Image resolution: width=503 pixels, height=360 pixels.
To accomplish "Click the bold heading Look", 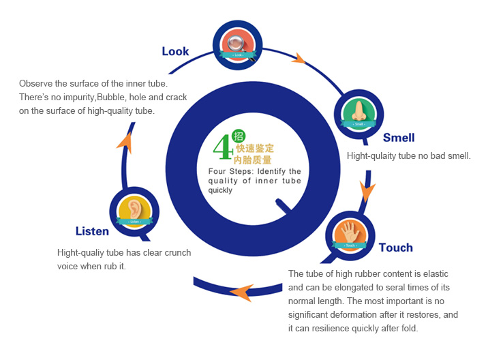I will (x=175, y=51).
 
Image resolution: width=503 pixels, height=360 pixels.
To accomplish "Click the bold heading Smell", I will (x=399, y=138).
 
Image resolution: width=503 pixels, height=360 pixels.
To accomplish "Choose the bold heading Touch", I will (x=395, y=247).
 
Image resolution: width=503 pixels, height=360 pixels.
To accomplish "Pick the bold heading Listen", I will (x=92, y=231).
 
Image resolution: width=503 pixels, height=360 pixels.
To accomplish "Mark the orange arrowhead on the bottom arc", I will (x=240, y=292).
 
